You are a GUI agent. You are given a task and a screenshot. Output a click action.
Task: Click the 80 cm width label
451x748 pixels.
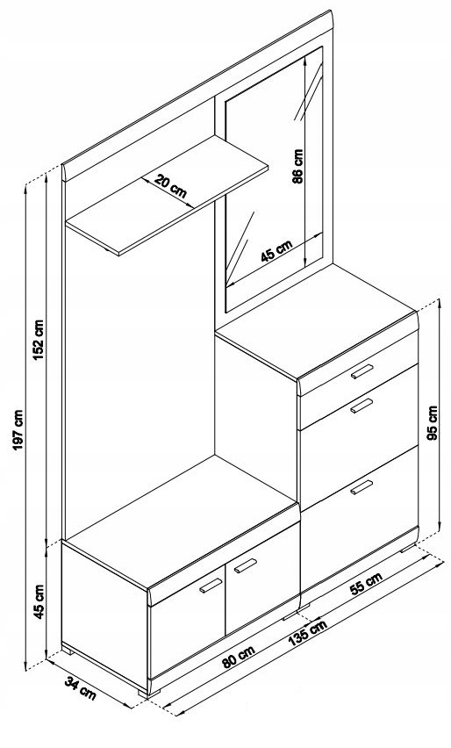pos(239,657)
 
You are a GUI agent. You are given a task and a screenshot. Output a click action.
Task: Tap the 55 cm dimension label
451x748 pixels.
pos(366,584)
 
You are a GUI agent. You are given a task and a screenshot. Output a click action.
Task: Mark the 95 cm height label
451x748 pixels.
pos(433,423)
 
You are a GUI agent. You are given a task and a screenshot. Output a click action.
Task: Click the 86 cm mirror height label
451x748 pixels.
pos(297,167)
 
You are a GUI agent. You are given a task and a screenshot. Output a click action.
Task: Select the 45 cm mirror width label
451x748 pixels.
pos(276,251)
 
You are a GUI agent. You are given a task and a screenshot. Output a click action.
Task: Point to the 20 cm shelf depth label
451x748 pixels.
pos(170,186)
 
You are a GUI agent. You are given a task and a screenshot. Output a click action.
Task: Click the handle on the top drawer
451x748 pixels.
pos(362,371)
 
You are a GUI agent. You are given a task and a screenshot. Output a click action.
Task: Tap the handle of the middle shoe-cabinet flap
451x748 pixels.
pos(362,406)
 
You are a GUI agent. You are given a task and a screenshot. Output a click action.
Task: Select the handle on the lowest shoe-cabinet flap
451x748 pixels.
pos(362,487)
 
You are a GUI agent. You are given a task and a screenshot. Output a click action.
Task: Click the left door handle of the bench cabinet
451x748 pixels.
pos(211,586)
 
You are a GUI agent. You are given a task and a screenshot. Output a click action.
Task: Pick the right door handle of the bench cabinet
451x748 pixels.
pos(246,565)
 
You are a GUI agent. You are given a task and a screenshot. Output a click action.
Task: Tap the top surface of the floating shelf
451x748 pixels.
pos(167,195)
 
